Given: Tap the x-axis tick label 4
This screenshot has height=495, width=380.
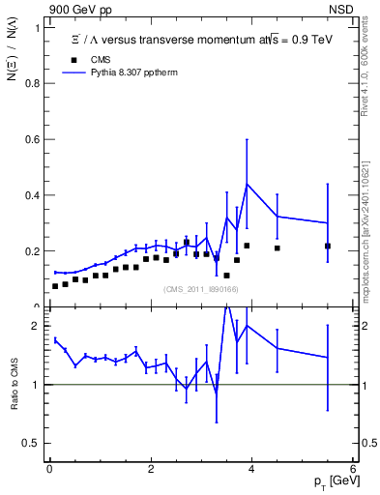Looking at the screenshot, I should pyautogui.click(x=251, y=468).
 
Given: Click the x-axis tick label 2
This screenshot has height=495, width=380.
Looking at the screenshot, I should pyautogui.click(x=150, y=468).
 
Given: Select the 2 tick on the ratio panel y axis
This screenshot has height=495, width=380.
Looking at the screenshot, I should pyautogui.click(x=37, y=326).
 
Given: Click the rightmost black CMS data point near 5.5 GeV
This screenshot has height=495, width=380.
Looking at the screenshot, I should pyautogui.click(x=327, y=247).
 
